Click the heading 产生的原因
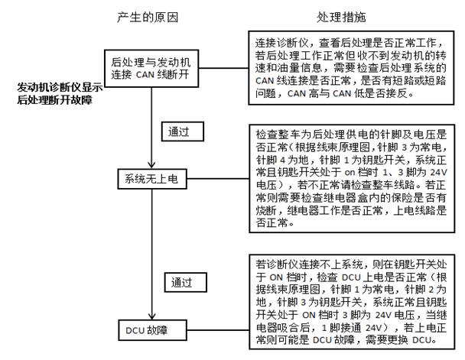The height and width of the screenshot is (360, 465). (148, 18)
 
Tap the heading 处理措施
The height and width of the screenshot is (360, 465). (341, 18)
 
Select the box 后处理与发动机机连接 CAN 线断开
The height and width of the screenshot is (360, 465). (151, 69)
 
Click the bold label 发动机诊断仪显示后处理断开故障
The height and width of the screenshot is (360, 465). (60, 93)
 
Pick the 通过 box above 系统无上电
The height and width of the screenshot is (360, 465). (183, 131)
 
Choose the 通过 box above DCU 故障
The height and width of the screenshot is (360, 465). (186, 282)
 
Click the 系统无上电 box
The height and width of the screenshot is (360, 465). (152, 179)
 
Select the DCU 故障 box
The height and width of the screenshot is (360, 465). (152, 330)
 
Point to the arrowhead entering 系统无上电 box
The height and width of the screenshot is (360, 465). (152, 165)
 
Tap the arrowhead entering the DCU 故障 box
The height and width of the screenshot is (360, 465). (152, 316)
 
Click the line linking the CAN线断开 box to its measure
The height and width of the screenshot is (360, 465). (223, 68)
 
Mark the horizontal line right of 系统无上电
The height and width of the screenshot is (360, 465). (218, 179)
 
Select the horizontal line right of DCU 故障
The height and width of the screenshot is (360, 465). (218, 329)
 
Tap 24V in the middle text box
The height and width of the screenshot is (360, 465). (438, 172)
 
